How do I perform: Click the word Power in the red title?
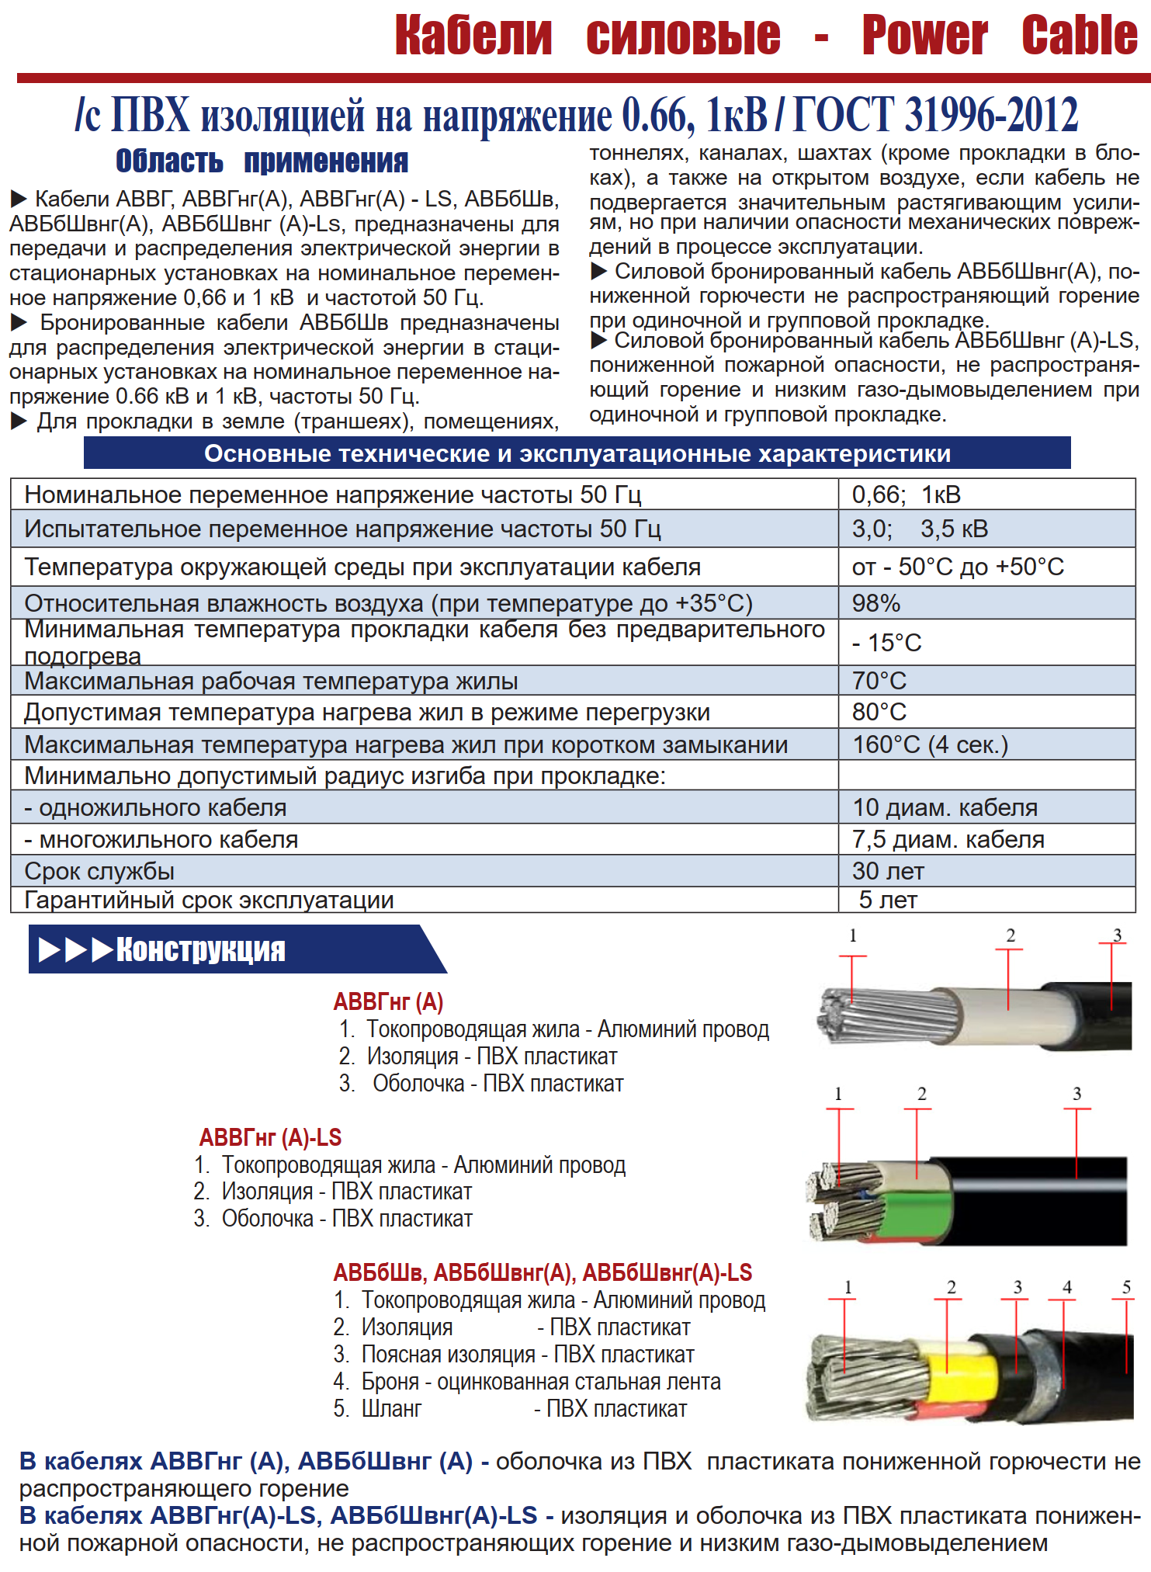click(x=924, y=36)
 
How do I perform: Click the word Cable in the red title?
click(x=1079, y=36)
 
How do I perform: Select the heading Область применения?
click(x=262, y=161)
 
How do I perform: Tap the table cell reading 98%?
click(x=876, y=603)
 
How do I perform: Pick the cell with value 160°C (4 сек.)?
click(x=930, y=744)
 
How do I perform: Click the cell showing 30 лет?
click(x=888, y=871)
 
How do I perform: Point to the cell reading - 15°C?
click(x=886, y=643)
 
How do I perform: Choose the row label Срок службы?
click(x=99, y=871)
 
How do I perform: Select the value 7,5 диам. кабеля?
click(x=948, y=839)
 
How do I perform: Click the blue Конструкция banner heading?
click(x=200, y=949)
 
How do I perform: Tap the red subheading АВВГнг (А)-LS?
click(x=270, y=1137)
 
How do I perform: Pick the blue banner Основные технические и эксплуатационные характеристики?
click(x=577, y=453)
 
